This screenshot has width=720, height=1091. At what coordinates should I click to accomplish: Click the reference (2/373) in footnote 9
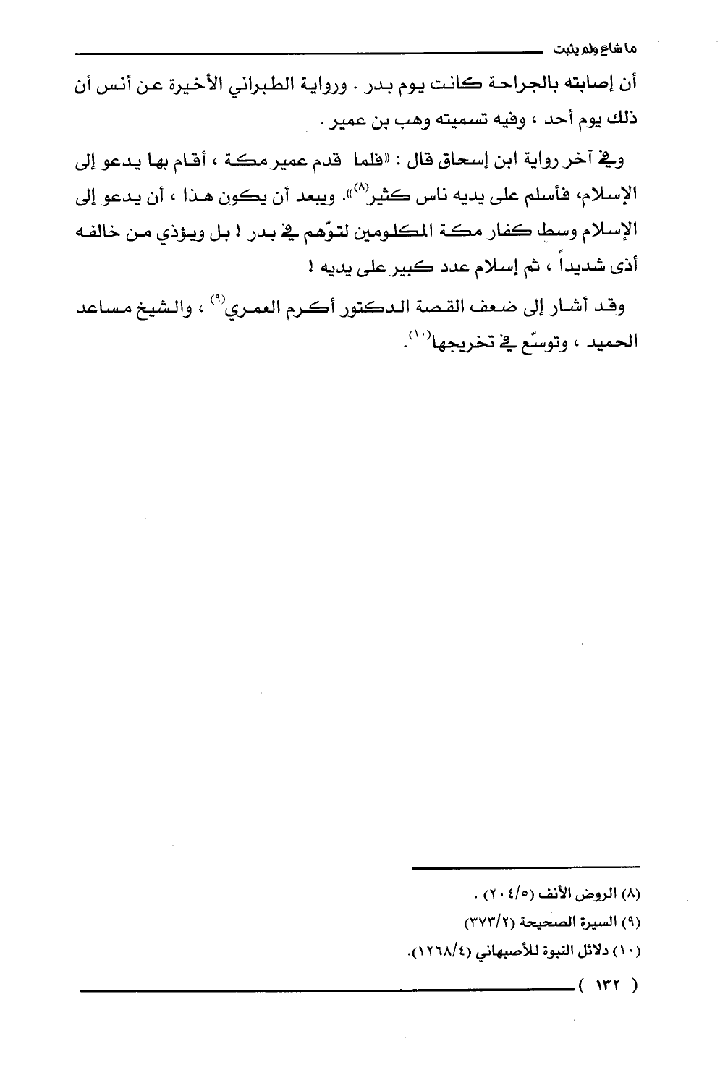pyautogui.click(x=486, y=923)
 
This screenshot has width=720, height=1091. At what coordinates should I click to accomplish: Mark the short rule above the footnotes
pyautogui.click(x=526, y=866)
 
